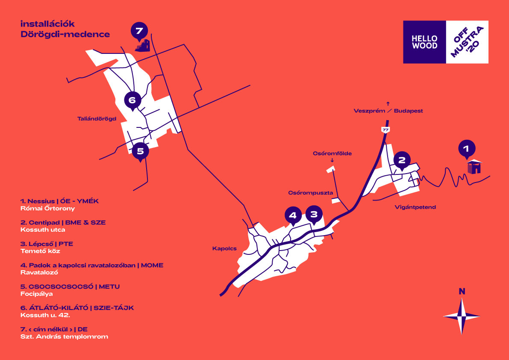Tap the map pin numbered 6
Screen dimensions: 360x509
click(132, 100)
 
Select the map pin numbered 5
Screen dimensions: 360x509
click(140, 150)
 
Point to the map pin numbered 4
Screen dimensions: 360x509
click(293, 215)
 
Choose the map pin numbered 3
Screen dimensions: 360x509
click(314, 214)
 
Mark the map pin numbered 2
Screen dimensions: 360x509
click(402, 160)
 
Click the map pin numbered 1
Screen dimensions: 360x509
click(466, 149)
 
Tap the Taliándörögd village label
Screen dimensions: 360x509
click(97, 118)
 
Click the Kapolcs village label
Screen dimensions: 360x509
click(224, 248)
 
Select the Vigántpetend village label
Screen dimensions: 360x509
click(412, 207)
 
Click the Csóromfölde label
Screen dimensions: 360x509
click(332, 153)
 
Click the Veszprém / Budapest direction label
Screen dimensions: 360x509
click(388, 111)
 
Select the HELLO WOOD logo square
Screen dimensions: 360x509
click(424, 42)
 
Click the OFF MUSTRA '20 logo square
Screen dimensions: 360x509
click(467, 42)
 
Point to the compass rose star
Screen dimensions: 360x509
click(462, 316)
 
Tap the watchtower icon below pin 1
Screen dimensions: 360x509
click(474, 167)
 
